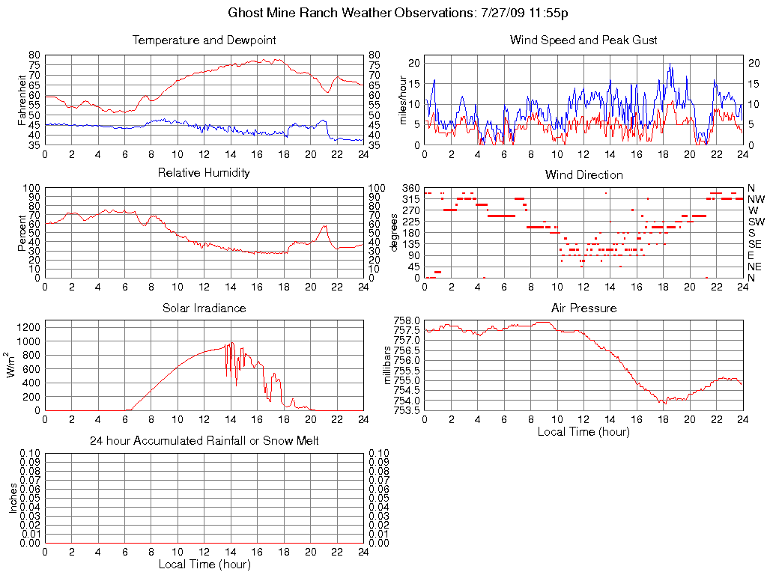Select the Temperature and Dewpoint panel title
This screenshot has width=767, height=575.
coord(204,40)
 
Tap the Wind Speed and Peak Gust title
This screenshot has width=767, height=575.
coord(583,40)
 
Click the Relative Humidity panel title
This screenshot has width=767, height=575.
coord(204,173)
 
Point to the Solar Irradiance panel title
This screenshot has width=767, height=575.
coord(204,308)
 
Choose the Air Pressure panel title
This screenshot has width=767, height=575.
coord(583,308)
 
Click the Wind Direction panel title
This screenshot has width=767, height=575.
coord(583,174)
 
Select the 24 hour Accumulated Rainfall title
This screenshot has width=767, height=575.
coord(204,441)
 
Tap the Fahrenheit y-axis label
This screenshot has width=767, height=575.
coord(22,100)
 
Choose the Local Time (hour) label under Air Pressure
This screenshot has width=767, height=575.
coord(583,431)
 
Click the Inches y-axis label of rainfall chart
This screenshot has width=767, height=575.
coord(13,498)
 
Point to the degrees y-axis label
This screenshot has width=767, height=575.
coord(394,233)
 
